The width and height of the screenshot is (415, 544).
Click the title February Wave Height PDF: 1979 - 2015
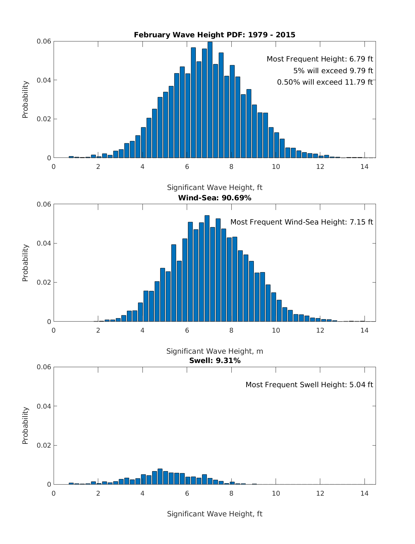(x=214, y=35)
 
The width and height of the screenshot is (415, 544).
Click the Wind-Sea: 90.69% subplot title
(x=214, y=198)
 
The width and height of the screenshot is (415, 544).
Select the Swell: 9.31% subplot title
(x=214, y=361)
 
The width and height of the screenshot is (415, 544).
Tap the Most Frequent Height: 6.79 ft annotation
(x=320, y=59)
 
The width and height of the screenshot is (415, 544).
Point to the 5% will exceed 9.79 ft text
(x=333, y=71)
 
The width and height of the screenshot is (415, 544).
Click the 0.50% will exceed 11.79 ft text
(x=325, y=82)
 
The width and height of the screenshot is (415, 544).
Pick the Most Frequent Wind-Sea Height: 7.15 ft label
(x=302, y=222)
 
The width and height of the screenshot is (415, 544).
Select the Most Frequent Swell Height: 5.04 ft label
(x=309, y=385)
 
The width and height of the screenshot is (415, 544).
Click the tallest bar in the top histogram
(x=210, y=100)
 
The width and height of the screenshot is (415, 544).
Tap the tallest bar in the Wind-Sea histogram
(x=207, y=268)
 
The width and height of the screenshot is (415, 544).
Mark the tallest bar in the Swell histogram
(x=160, y=477)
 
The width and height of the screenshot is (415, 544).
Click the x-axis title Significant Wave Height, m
(x=214, y=351)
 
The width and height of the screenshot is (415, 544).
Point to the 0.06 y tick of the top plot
(x=44, y=41)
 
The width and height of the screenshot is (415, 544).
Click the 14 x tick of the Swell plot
(x=365, y=493)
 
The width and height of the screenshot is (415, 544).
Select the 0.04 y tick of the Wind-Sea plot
(x=44, y=243)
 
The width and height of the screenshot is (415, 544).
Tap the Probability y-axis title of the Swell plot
(x=25, y=426)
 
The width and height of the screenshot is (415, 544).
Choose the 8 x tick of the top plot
(x=231, y=167)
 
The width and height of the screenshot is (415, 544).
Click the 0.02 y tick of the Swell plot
(x=44, y=445)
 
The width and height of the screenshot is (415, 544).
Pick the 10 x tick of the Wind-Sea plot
(x=276, y=330)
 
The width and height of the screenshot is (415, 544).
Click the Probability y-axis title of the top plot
(x=25, y=99)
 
